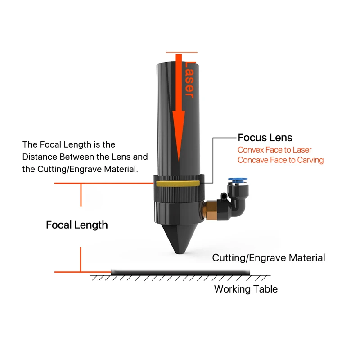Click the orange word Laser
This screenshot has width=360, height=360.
tap(190, 80)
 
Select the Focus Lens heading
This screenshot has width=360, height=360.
tap(265, 138)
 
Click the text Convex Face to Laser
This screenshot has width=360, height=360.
tap(274, 150)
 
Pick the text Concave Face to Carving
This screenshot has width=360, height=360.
tap(280, 160)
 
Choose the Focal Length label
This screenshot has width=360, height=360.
tap(77, 225)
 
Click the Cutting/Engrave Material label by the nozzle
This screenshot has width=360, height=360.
tap(268, 258)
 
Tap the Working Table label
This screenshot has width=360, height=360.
tap(246, 289)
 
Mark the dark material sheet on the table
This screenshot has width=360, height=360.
tap(180, 270)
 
